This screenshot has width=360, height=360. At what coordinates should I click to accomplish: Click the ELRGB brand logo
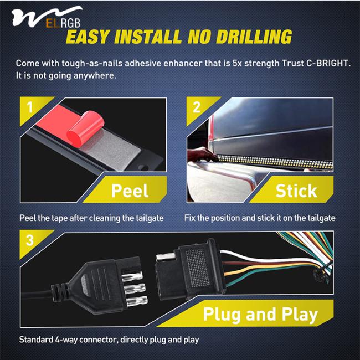[47, 17]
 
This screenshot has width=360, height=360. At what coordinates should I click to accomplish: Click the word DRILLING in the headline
[254, 37]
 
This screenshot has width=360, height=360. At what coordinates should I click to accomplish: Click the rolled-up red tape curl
[85, 128]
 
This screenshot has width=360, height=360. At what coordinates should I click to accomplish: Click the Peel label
[130, 191]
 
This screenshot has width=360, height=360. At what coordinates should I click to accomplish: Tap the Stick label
[296, 191]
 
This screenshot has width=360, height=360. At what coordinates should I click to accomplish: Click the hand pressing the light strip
[202, 155]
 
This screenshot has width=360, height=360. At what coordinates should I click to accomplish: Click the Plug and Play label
[260, 314]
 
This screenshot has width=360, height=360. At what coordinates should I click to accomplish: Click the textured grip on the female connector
[198, 268]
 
